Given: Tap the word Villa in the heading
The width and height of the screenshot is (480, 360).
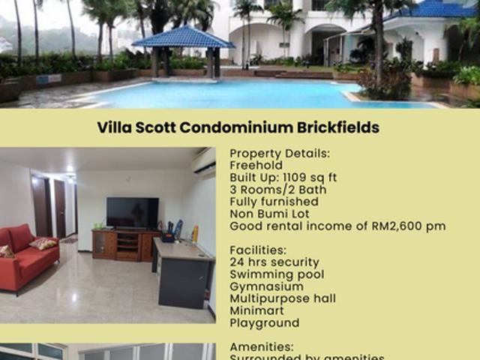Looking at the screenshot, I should pyautogui.click(x=115, y=127).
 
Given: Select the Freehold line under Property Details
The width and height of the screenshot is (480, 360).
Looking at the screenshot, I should pyautogui.click(x=256, y=165).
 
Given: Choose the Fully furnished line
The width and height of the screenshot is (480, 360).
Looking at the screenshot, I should pyautogui.click(x=274, y=202).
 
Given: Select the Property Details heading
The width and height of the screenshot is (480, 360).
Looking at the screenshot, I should pyautogui.click(x=279, y=153).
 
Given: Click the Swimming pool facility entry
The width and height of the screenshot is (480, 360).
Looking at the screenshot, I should pyautogui.click(x=277, y=274).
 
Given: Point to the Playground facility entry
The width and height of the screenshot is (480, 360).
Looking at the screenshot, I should pyautogui.click(x=264, y=323).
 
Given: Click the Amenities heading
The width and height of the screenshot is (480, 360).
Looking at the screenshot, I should pyautogui.click(x=261, y=347).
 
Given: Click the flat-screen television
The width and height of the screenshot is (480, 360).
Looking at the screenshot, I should pyautogui.click(x=132, y=213).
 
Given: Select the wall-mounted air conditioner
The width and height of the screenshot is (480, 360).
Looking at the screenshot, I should pyautogui.click(x=202, y=161).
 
